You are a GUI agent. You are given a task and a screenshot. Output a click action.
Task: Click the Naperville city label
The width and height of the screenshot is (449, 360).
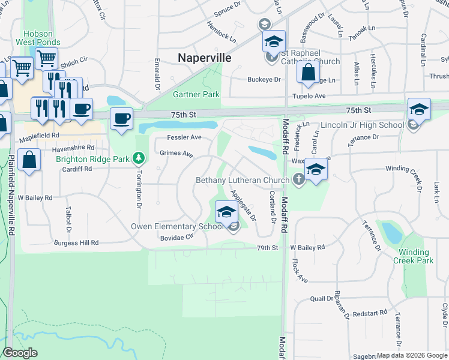(x=205, y=58)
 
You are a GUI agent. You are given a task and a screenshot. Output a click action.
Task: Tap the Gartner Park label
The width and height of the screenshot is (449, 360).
(x=196, y=95)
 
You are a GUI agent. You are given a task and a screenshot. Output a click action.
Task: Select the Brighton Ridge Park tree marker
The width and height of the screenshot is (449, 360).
(x=139, y=158)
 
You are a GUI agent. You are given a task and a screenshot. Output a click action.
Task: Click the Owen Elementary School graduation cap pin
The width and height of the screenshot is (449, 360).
(x=226, y=212)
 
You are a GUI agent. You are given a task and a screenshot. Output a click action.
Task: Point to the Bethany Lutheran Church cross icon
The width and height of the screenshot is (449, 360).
(x=298, y=179)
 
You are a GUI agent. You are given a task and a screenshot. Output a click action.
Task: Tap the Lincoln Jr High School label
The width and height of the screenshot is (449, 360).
(x=362, y=125)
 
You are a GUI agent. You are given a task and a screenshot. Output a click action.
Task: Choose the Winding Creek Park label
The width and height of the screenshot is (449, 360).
(x=413, y=256)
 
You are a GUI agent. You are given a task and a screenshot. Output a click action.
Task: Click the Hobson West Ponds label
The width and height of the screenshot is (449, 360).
(x=41, y=38)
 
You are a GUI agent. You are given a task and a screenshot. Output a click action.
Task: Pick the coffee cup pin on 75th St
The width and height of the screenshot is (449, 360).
(x=122, y=118)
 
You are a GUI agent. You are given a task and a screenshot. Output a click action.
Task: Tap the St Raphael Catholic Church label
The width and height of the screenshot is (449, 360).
(x=309, y=61)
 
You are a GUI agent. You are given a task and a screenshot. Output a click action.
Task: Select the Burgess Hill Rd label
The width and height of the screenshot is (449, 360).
(x=76, y=243)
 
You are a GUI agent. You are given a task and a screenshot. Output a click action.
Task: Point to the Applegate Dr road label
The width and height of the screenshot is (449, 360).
(x=243, y=205)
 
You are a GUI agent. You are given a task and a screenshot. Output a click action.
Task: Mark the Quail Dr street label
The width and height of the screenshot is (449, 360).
(x=321, y=298)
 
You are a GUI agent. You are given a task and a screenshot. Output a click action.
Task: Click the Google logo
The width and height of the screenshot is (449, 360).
(x=20, y=353)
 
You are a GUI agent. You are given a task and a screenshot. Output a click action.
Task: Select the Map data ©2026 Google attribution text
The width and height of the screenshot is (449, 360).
(x=412, y=355)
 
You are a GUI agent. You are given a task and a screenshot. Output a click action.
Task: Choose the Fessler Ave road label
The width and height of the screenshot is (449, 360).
(x=188, y=137)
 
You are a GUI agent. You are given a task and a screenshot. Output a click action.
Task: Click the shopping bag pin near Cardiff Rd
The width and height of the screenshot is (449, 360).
(x=29, y=161)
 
